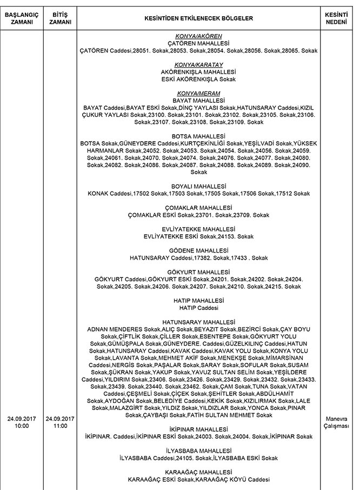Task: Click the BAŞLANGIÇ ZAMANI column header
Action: [22, 18]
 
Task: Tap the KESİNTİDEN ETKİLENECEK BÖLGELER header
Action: [198, 18]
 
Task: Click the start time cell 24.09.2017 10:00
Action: [22, 422]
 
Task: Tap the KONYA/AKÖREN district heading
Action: [198, 36]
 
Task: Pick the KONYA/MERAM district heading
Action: [198, 94]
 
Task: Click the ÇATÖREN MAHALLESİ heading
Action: [198, 43]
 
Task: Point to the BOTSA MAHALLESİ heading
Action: [198, 136]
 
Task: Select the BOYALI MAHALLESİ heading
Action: [198, 186]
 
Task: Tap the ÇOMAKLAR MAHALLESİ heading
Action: [198, 207]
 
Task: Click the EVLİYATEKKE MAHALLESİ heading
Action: [198, 229]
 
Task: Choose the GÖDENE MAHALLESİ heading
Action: [198, 250]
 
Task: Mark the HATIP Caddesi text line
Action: [198, 307]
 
